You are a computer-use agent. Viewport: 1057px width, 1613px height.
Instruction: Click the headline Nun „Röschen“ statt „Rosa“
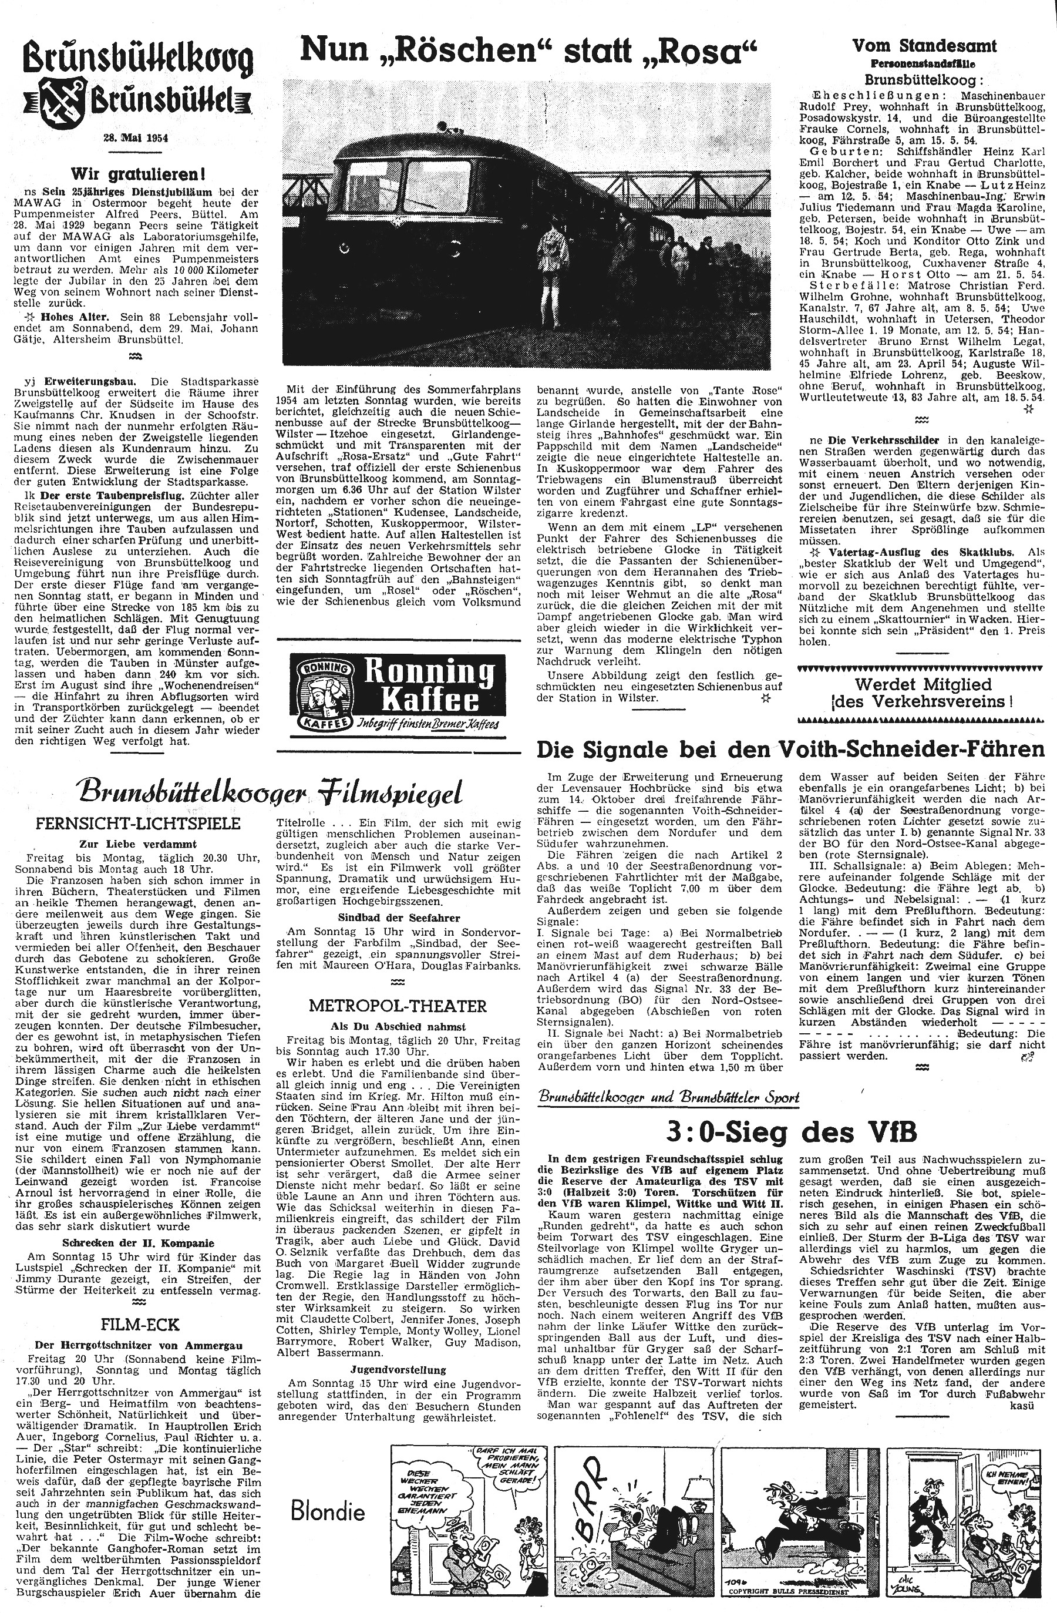pyautogui.click(x=527, y=52)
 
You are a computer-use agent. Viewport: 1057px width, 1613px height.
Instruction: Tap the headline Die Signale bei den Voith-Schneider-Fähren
pyautogui.click(x=790, y=750)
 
